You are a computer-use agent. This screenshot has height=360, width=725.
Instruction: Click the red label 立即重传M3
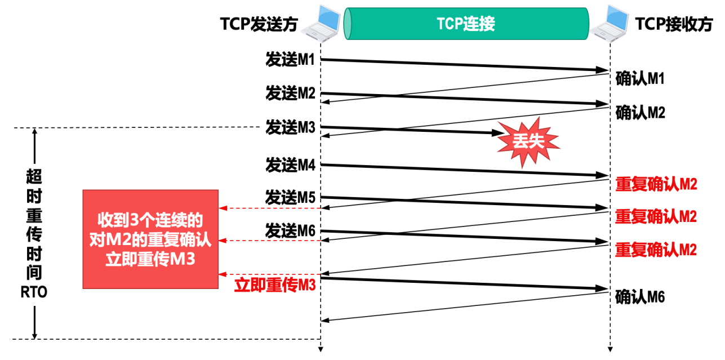click(274, 285)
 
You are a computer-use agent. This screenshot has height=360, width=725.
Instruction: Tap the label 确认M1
click(641, 79)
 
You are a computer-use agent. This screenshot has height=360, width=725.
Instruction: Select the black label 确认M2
click(641, 113)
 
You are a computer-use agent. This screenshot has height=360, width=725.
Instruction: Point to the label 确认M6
click(641, 296)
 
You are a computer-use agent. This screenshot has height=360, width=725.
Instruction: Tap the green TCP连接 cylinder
click(466, 24)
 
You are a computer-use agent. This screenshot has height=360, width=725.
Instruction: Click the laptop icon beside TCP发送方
click(322, 24)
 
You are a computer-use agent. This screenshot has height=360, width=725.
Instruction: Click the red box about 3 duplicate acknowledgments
click(150, 239)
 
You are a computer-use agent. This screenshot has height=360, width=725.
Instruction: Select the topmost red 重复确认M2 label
click(656, 184)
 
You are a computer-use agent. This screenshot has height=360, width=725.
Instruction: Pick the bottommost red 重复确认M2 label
click(656, 249)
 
